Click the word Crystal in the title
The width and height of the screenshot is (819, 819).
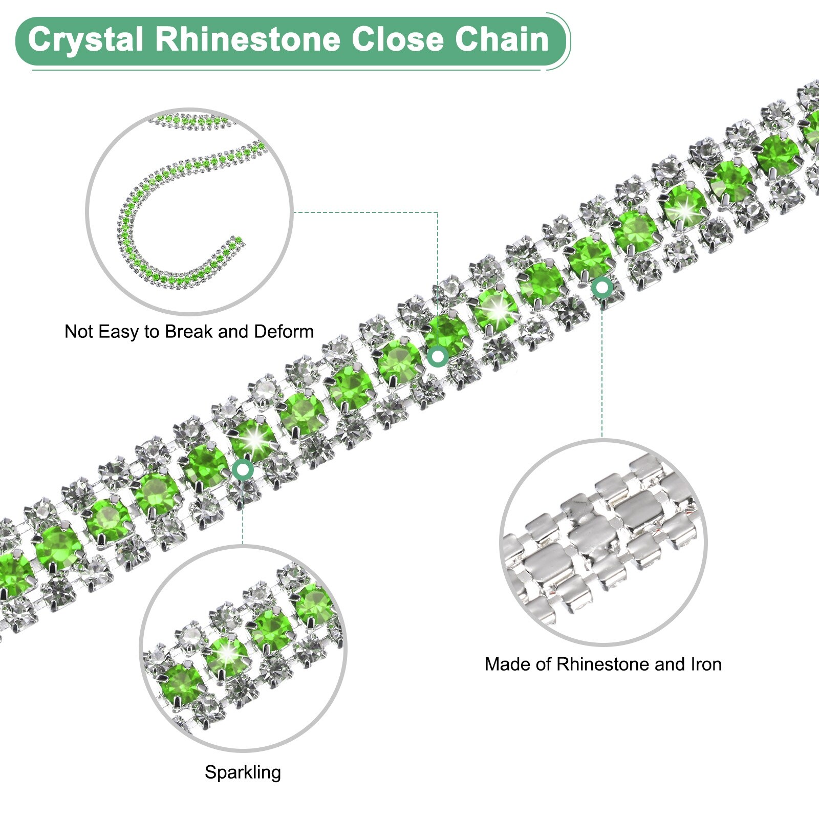coord(85,40)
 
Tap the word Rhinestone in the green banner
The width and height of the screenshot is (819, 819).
coord(248,40)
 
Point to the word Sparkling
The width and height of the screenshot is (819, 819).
coord(243,772)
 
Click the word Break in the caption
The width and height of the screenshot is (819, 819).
coord(189,332)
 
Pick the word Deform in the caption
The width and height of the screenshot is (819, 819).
coord(284,332)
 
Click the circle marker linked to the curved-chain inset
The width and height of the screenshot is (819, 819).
coord(438,356)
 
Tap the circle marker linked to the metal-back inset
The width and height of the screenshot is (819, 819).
coord(602,288)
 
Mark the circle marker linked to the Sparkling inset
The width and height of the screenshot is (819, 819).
coord(243,469)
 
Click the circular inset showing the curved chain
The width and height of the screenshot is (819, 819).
coord(189,211)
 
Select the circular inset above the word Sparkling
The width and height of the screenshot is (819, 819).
coord(243,648)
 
